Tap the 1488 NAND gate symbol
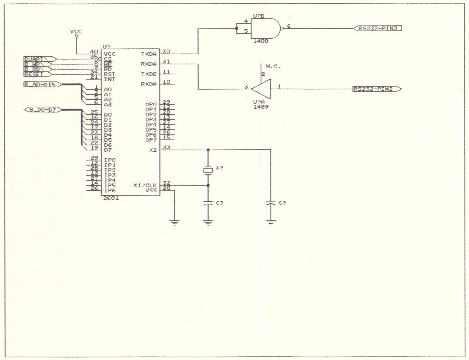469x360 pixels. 267,28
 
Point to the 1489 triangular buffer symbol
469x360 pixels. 261,89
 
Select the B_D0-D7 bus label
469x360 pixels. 42,109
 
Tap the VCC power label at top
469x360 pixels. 76,32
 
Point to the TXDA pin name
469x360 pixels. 149,54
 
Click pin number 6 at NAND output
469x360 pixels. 289,26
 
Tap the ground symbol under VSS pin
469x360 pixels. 175,222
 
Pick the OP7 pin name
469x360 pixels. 151,140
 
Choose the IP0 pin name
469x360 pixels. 110,160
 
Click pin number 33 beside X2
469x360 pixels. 166,147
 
